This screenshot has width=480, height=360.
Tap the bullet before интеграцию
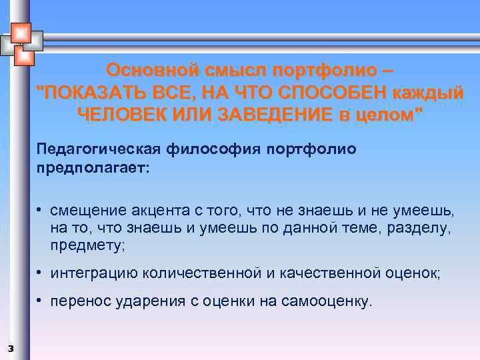(x=41, y=272)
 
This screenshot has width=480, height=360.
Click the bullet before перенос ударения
(x=41, y=301)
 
